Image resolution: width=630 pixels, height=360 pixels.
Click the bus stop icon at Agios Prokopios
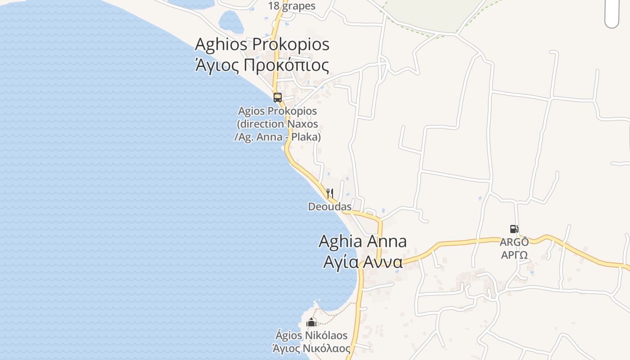pos(277,97)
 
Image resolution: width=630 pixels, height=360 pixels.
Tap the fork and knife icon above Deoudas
pos(330,194)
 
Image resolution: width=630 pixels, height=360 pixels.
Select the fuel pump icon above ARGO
pos(514,229)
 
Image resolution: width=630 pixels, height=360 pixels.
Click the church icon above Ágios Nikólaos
pos(311,322)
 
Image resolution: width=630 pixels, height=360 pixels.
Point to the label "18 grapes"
pos(292,6)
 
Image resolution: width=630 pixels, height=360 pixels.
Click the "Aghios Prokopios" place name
pos(262,45)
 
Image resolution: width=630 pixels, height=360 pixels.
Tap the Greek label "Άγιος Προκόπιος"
pos(262,65)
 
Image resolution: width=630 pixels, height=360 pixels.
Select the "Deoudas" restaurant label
pos(330,207)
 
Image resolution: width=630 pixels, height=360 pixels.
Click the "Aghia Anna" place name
pos(362,241)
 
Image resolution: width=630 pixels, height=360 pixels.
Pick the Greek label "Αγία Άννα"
pos(362,262)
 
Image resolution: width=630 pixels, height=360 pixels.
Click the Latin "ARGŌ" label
pos(514,242)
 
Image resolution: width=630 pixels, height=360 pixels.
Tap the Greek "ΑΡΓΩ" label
pos(514,255)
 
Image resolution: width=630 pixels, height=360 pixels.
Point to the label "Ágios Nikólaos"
pos(311,335)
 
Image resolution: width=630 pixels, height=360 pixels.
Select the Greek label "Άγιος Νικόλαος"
pos(311,348)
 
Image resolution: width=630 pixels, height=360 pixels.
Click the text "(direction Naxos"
pos(277,124)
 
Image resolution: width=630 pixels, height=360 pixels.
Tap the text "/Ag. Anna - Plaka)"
pos(277,137)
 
